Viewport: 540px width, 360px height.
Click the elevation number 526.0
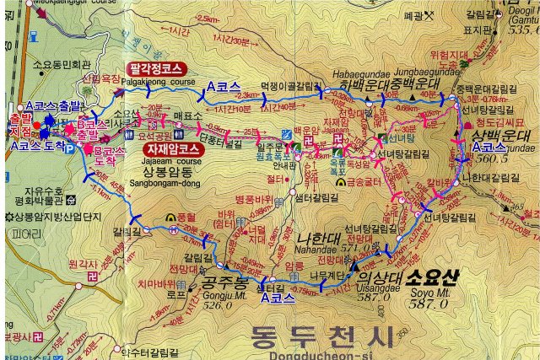coord(216,304)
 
